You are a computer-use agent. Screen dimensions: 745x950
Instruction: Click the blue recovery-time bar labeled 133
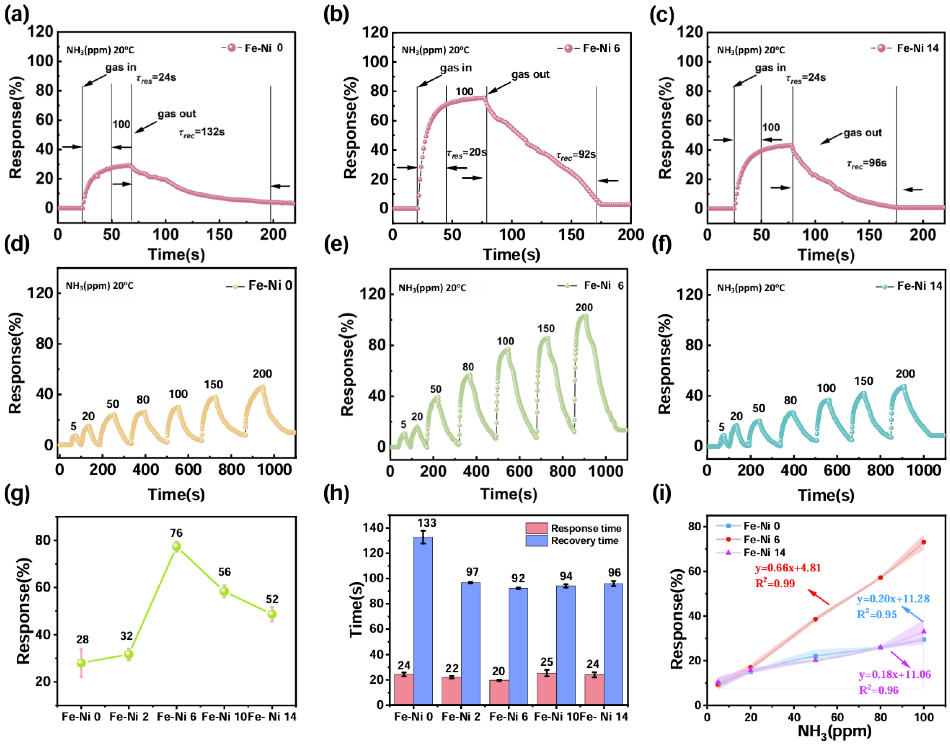tap(422, 619)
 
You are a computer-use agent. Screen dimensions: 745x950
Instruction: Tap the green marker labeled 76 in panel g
tap(176, 546)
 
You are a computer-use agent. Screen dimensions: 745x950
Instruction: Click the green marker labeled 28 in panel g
tap(81, 663)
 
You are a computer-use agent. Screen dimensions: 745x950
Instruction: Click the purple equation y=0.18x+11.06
tap(894, 674)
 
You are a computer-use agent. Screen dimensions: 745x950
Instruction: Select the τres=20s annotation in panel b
tap(466, 153)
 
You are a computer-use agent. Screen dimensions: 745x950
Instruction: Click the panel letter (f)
tap(661, 244)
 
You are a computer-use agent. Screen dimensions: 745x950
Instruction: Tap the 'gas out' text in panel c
tap(862, 133)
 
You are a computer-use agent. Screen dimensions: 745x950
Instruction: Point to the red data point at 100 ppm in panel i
tap(923, 542)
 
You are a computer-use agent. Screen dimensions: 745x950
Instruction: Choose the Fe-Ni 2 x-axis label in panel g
tap(129, 717)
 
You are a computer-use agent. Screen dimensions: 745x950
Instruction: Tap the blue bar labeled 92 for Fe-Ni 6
tap(518, 646)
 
